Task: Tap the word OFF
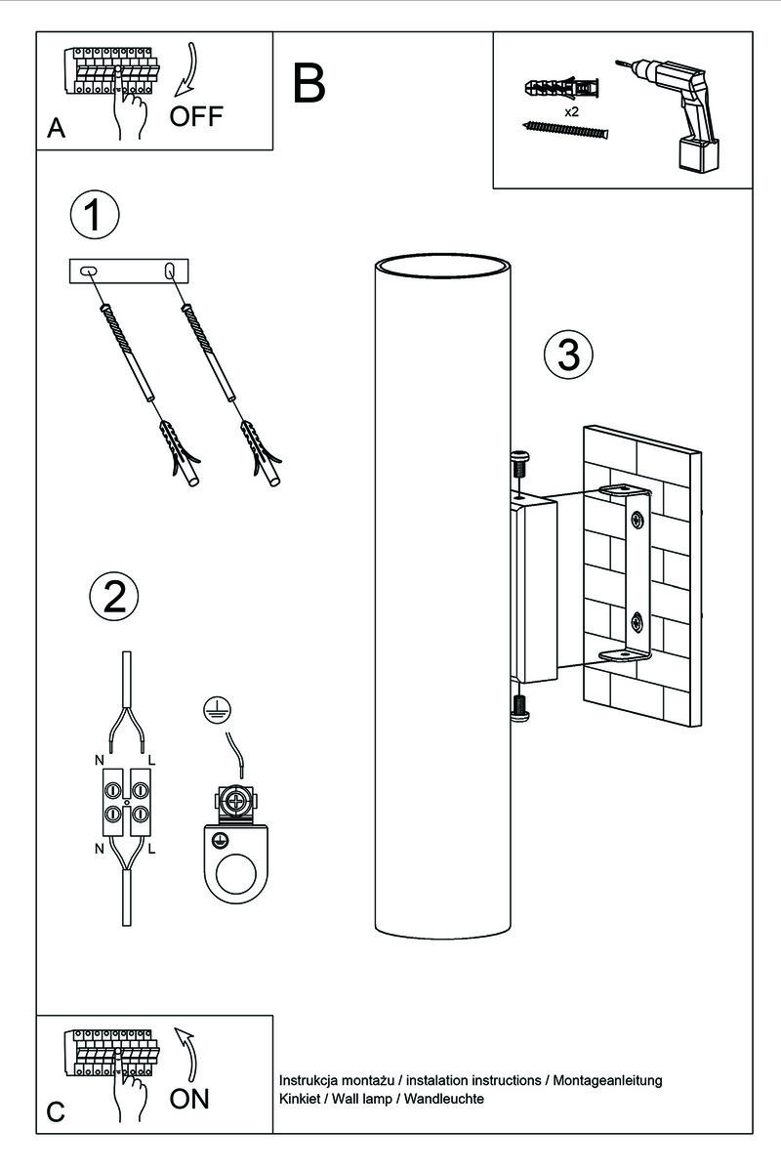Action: coord(196,117)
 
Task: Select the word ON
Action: coord(189,1099)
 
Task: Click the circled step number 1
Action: coord(95,215)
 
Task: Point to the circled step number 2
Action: coord(114,596)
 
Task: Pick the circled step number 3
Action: coord(568,354)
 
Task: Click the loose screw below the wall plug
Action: coord(566,130)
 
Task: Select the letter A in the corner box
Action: coord(57,129)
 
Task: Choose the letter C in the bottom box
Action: coord(57,1112)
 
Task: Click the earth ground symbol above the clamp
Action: coord(215,710)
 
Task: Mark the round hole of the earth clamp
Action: coord(234,872)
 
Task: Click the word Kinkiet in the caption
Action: coord(301,1099)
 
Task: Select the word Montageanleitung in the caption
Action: coord(607,1080)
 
